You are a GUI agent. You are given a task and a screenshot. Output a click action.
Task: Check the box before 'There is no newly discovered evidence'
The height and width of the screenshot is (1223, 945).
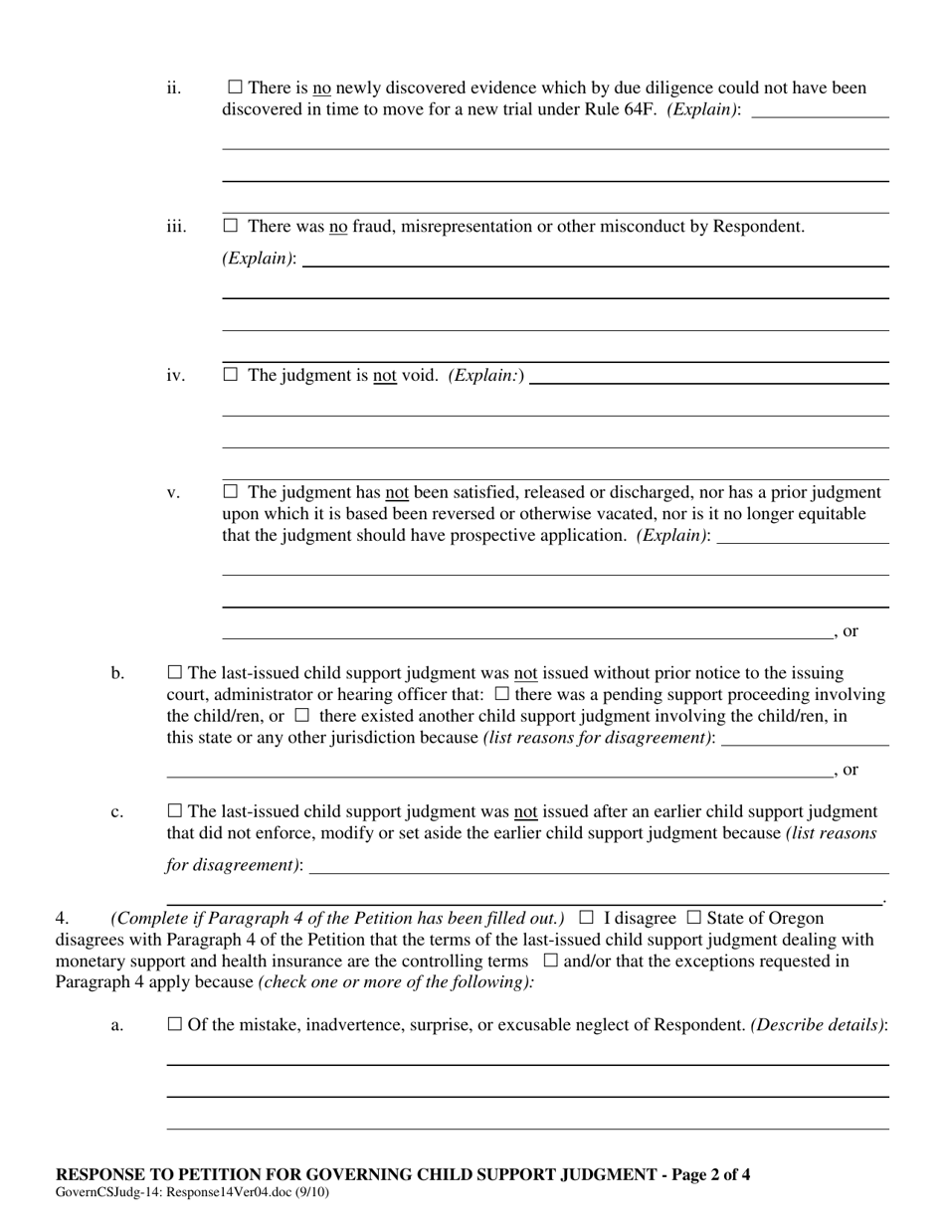tap(235, 87)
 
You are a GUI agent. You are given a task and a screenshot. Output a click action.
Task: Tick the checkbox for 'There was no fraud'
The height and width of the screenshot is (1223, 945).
tap(231, 226)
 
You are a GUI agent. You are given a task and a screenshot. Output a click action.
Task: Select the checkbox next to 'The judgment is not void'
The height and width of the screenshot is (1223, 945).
tap(231, 375)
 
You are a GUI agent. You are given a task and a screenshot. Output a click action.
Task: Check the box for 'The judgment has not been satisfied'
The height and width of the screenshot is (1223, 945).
tap(231, 491)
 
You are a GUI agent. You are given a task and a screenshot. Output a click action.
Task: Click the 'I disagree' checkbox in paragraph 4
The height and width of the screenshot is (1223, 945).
tap(587, 918)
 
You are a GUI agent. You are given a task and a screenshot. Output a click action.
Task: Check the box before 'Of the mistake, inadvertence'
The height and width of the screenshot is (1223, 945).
tap(175, 1024)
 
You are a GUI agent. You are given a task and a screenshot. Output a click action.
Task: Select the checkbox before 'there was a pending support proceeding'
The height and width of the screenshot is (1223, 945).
tap(502, 694)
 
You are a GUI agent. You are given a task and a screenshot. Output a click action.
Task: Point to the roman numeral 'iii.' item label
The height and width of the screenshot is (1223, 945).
tap(176, 227)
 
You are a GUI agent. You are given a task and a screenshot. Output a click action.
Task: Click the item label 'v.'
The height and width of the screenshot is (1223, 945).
tap(173, 492)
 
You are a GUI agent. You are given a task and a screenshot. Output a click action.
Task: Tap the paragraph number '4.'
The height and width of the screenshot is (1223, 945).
tap(62, 918)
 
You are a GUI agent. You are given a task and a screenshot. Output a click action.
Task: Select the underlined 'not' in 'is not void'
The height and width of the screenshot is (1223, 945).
tap(385, 375)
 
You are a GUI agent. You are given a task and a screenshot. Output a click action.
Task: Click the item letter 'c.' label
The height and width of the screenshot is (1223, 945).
tap(117, 811)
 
